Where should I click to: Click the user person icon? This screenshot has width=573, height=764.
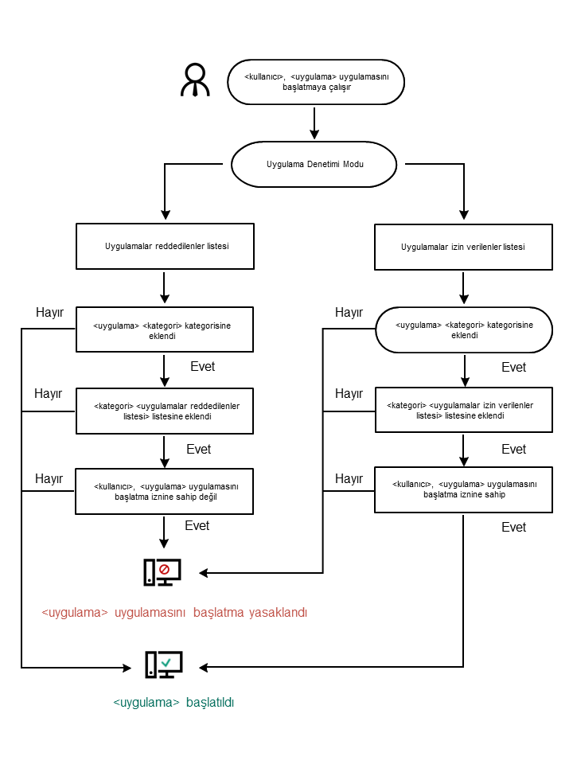[195, 80]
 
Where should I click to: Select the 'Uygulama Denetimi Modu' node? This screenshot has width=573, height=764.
[314, 164]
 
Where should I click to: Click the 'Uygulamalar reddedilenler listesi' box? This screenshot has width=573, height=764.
[165, 246]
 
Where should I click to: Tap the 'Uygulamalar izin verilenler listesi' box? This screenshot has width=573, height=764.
[463, 247]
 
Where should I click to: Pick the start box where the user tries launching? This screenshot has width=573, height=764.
[316, 82]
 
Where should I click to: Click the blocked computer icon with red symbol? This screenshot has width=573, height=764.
[162, 572]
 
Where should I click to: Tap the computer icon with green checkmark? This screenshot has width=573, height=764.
[164, 665]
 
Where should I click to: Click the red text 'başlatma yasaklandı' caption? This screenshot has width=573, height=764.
[174, 613]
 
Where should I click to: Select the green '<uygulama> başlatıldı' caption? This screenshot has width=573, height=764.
[173, 703]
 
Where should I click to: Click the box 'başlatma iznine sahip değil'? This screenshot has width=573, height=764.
[165, 491]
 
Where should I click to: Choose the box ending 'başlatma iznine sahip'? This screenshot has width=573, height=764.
[463, 489]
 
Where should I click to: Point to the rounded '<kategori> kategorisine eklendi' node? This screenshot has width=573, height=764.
[463, 330]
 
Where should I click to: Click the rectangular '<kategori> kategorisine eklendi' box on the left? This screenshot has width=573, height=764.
[165, 329]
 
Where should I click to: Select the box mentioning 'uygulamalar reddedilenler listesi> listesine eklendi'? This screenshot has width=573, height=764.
[165, 411]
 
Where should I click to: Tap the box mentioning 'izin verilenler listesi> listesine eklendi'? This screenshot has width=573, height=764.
[463, 410]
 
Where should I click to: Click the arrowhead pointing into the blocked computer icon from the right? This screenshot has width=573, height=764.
[204, 572]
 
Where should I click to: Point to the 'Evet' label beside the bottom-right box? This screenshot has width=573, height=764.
[514, 528]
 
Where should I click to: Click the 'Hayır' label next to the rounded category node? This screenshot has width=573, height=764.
[349, 313]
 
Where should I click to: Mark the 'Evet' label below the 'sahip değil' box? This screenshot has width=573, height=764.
[197, 526]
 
